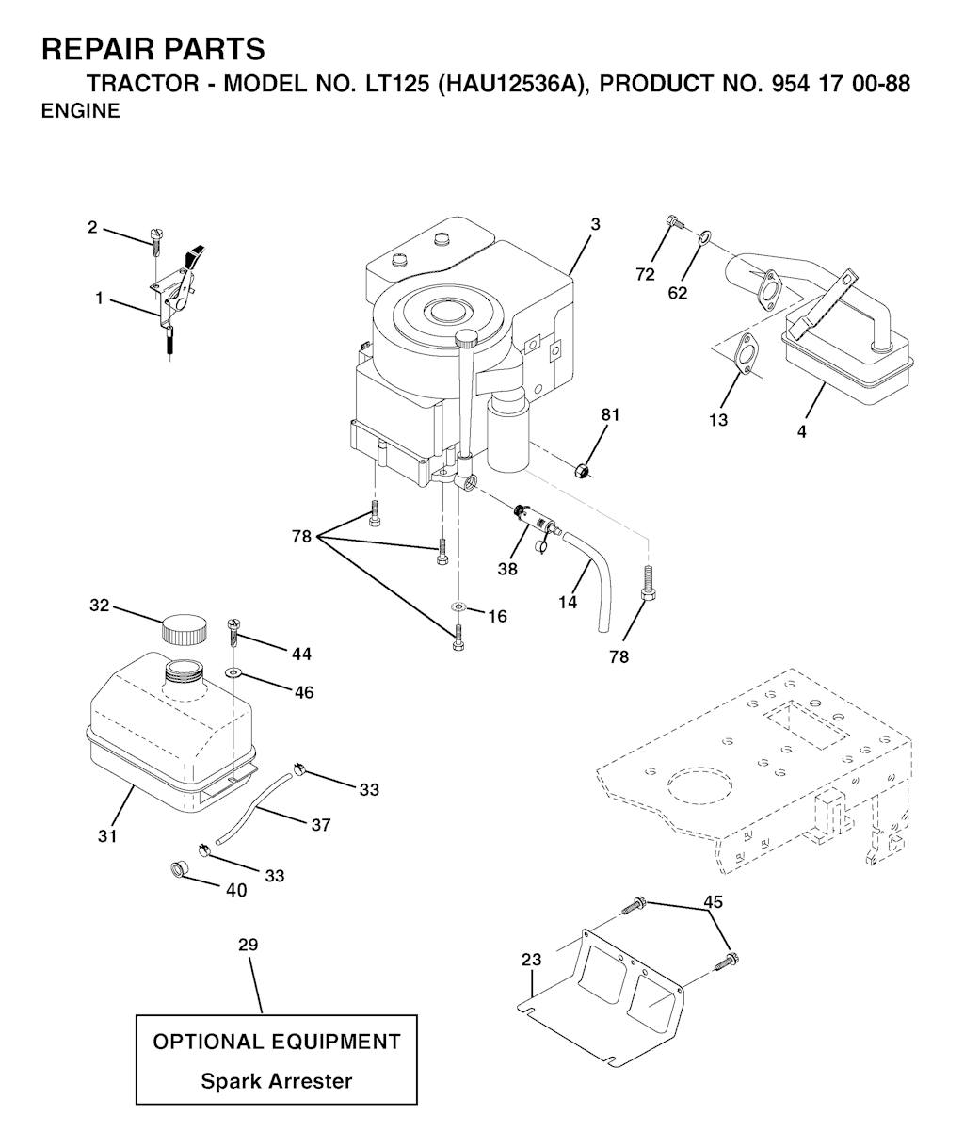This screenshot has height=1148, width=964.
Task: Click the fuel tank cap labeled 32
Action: (184, 628)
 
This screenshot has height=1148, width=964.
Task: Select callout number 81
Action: (611, 414)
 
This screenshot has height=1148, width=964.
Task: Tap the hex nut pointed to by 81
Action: (584, 467)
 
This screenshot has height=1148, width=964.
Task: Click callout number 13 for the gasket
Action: (718, 420)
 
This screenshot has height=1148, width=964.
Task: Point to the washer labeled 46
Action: (233, 672)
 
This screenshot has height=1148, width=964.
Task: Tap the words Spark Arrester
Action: (277, 1081)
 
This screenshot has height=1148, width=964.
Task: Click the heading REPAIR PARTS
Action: (153, 49)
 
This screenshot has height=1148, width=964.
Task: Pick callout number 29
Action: (248, 945)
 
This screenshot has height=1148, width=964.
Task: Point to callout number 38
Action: (508, 568)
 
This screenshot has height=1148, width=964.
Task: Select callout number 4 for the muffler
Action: (800, 432)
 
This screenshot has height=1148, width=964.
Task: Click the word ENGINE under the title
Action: (81, 111)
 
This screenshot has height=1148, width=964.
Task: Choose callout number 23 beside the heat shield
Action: (532, 961)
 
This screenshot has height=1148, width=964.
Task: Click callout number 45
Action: (713, 901)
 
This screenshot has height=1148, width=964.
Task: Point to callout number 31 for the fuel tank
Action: (108, 834)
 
